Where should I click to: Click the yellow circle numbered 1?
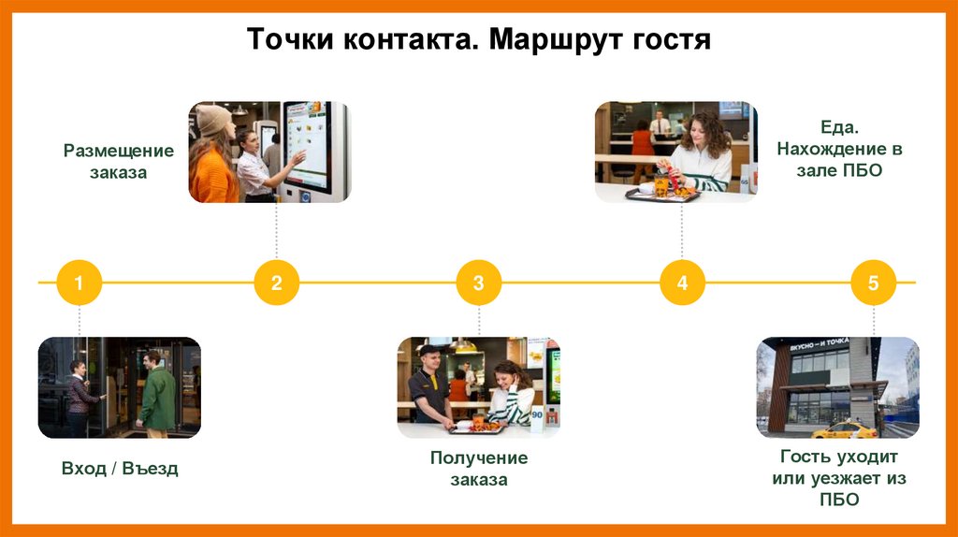coord(79,283)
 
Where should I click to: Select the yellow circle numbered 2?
coord(277,283)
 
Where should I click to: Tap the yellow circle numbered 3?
coord(479,283)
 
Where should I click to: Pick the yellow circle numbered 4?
coord(682,283)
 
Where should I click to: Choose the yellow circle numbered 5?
coord(874,283)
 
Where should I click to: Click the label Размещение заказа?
coord(119,161)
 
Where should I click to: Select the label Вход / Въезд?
coord(119,469)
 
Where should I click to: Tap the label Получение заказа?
coord(479,469)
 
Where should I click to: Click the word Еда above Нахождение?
coord(839,126)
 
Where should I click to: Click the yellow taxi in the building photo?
coord(845,429)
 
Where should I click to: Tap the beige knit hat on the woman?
coord(213,119)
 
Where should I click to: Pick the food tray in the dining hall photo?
coord(662,194)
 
